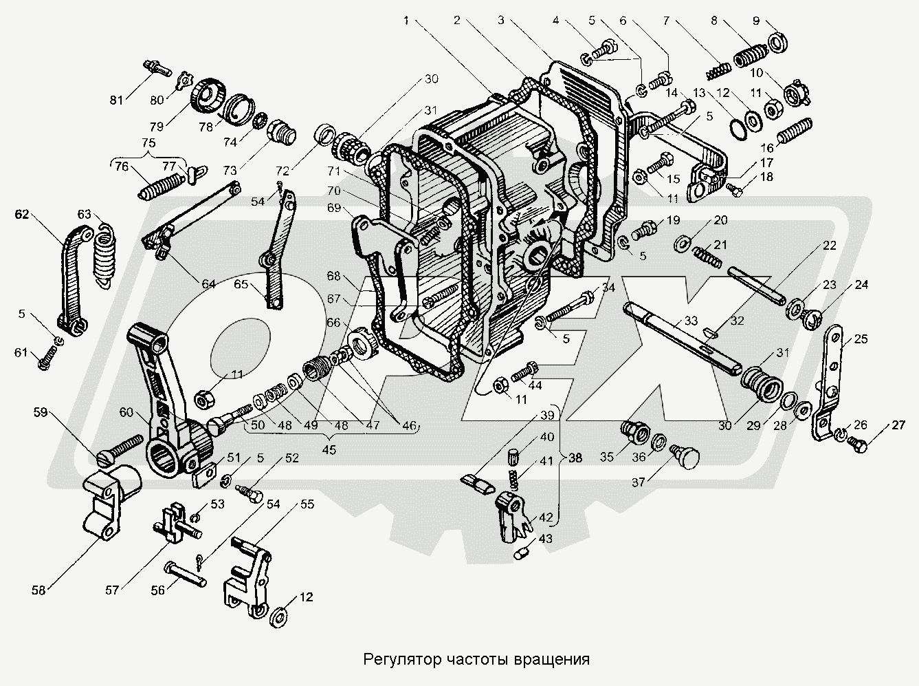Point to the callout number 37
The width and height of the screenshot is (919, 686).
click(x=639, y=482)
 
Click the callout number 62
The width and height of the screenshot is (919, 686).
click(x=22, y=214)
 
